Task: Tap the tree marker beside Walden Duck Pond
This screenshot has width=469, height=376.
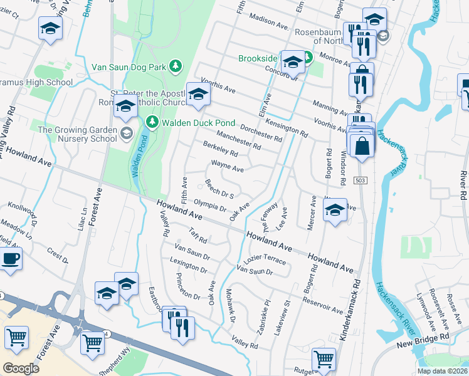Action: [x=150, y=120]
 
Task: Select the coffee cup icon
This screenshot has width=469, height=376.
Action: [x=10, y=258]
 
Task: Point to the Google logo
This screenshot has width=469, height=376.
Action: [x=21, y=368]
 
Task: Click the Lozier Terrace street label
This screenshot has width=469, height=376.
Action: [x=265, y=260]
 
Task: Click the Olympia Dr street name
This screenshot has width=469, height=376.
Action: [x=209, y=206]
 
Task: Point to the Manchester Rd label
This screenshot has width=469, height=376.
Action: [x=238, y=140]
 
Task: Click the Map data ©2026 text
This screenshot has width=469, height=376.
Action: [x=442, y=371]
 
